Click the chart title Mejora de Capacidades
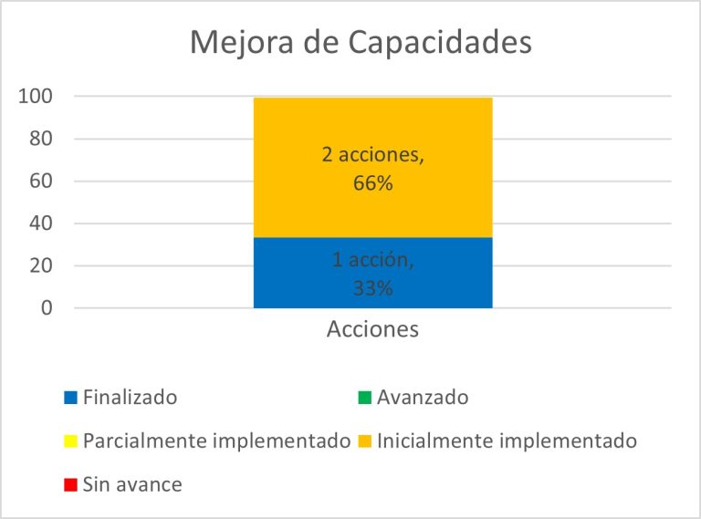pos(360,42)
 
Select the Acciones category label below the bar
pos(372,329)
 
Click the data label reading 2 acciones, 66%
pos(372,169)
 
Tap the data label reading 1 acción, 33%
pos(372,274)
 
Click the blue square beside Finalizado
pos(71,398)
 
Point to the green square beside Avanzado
pos(365,398)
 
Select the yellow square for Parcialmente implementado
pos(71,441)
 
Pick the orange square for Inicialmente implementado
pos(365,441)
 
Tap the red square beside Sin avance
pos(71,484)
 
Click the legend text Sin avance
pos(132,484)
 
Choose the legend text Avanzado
pos(423,398)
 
